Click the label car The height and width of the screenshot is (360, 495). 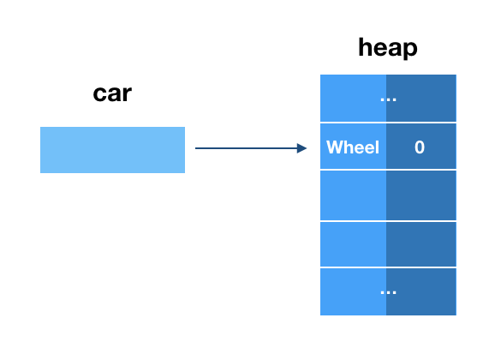(112, 93)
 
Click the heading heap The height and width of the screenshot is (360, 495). (388, 47)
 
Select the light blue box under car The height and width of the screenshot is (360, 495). (112, 150)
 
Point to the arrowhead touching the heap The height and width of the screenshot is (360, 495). (302, 148)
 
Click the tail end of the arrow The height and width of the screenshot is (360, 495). (197, 148)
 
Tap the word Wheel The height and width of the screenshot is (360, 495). (353, 147)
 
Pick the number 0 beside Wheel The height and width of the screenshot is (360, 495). (420, 147)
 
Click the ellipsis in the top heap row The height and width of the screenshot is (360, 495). (388, 99)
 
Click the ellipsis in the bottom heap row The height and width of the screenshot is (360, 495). (388, 291)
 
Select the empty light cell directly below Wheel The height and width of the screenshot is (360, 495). (353, 195)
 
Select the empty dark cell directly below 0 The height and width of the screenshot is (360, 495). (420, 195)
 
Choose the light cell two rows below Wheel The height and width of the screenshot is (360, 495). (353, 244)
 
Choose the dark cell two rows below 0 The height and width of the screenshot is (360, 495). (420, 244)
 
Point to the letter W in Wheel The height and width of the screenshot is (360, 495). (333, 147)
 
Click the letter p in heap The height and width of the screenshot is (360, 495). (409, 49)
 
